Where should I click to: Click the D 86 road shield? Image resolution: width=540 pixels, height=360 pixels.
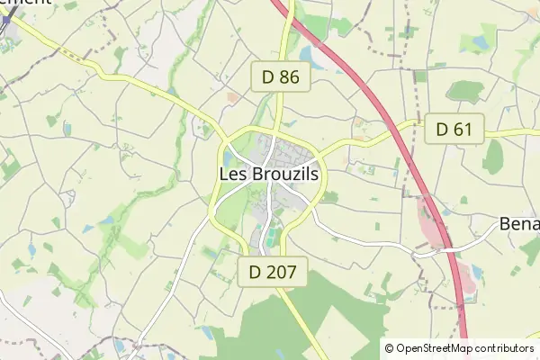click(x=281, y=77)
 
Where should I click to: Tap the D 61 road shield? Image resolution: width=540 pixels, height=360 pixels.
click(x=454, y=130)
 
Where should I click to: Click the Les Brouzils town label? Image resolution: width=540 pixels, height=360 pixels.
click(x=269, y=175)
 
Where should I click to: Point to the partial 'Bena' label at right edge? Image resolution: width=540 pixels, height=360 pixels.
click(x=520, y=222)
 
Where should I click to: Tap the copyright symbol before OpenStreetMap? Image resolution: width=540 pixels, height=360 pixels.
click(x=390, y=348)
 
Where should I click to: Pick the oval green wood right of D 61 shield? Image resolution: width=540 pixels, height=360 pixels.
click(x=493, y=157)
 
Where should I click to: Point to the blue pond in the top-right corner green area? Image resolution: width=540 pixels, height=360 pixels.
click(x=488, y=36)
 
